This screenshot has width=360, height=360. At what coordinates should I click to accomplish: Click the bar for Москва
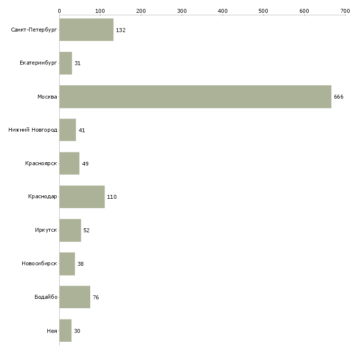pyautogui.click(x=195, y=97)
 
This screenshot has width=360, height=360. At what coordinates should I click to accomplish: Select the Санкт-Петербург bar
pyautogui.click(x=86, y=30)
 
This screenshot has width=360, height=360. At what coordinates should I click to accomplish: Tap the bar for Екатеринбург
pyautogui.click(x=66, y=63)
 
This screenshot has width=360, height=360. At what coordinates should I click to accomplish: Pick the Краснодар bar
pyautogui.click(x=82, y=197)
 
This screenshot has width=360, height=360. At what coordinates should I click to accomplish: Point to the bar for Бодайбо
pyautogui.click(x=75, y=297)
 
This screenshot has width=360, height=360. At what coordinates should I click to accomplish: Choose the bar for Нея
pyautogui.click(x=66, y=330)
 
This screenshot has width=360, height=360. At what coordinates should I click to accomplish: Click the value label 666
pyautogui.click(x=339, y=97)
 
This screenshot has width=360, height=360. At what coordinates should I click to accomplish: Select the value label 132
pyautogui.click(x=120, y=30)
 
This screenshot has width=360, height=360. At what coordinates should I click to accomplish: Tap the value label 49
pyautogui.click(x=85, y=164)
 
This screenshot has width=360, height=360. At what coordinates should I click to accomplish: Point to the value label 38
pyautogui.click(x=80, y=264)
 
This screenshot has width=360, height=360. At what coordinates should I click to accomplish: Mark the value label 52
pyautogui.click(x=86, y=230)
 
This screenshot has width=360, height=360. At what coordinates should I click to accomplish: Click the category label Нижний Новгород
pyautogui.click(x=33, y=130)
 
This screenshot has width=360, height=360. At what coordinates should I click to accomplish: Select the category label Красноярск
pyautogui.click(x=41, y=163)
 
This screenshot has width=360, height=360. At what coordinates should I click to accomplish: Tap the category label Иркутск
pyautogui.click(x=46, y=230)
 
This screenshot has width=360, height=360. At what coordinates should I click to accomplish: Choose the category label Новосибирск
pyautogui.click(x=39, y=263)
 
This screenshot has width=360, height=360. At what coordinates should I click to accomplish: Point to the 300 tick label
pyautogui.click(x=182, y=11)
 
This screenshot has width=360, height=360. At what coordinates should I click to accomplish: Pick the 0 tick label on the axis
pyautogui.click(x=60, y=11)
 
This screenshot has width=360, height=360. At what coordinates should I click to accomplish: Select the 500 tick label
pyautogui.click(x=263, y=11)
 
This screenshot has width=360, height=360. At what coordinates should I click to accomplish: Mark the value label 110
pyautogui.click(x=112, y=197)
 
